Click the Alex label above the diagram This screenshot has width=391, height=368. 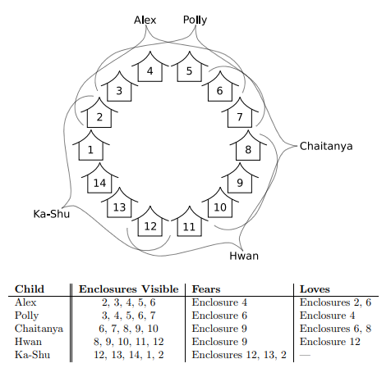click(145, 20)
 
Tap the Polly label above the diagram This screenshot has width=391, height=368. click(195, 20)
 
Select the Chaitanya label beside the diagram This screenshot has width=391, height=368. click(326, 146)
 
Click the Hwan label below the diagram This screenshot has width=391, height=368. click(244, 256)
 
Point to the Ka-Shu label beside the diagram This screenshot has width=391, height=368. click(52, 214)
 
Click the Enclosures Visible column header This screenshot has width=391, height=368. click(129, 289)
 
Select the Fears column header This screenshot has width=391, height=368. click(206, 289)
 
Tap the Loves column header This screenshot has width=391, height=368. click(315, 289)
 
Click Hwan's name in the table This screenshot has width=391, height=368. click(28, 342)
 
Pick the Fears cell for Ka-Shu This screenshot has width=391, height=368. click(239, 355)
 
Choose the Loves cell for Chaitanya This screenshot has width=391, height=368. click(335, 329)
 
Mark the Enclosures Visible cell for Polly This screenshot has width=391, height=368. click(129, 316)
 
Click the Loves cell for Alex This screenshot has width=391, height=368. click(335, 302)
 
